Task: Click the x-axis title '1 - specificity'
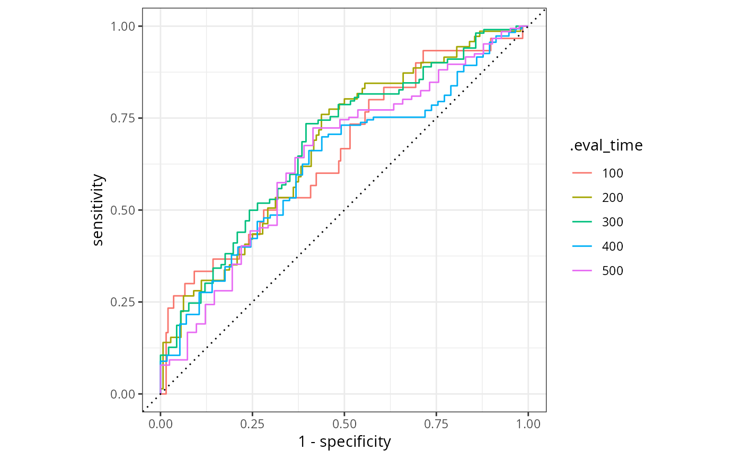click(344, 442)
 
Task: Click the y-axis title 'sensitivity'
click(98, 210)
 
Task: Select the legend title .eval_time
click(606, 146)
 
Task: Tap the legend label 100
click(613, 173)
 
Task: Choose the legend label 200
click(613, 198)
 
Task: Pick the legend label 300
click(613, 222)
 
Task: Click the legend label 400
click(613, 246)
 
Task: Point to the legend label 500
click(613, 271)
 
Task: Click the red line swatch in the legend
click(582, 173)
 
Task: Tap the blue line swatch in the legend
click(582, 246)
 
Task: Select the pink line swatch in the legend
click(582, 271)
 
